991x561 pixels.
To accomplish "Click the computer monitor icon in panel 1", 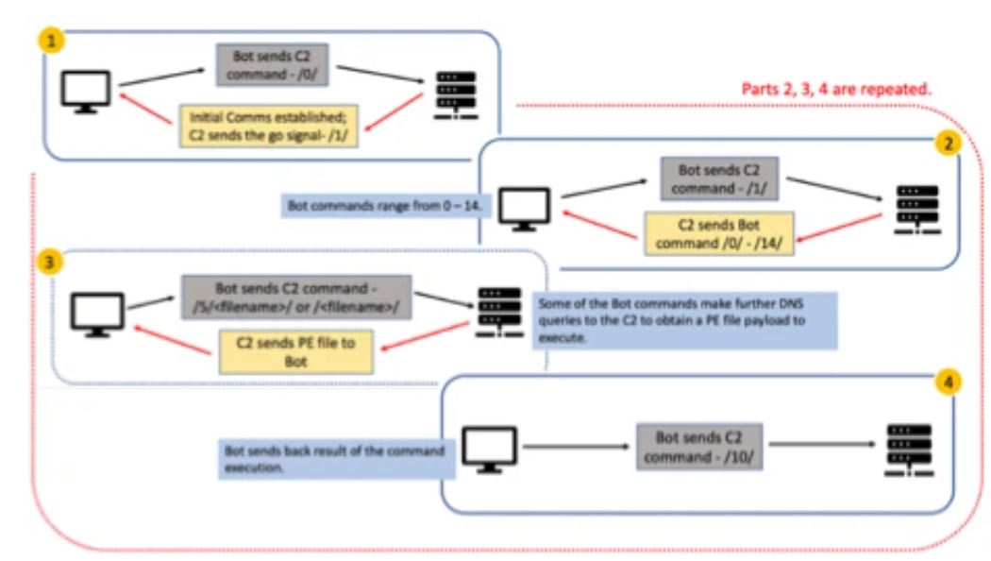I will point(86,92).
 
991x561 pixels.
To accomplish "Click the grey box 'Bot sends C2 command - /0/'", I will point(270,63).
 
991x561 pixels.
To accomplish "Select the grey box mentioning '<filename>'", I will point(296,297).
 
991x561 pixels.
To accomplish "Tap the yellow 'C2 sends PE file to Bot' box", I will point(295,351).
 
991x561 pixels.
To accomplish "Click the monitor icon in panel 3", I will point(98,314).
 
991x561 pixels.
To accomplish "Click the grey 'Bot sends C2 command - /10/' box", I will point(698,446).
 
